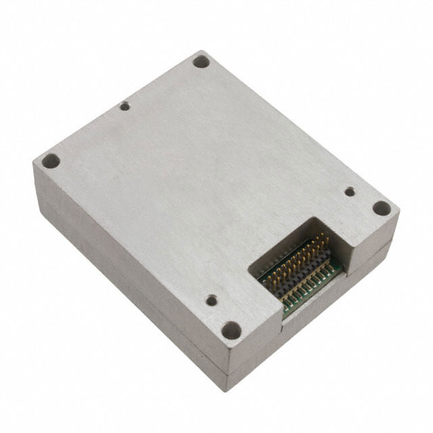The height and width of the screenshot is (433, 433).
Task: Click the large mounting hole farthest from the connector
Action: point(200,61)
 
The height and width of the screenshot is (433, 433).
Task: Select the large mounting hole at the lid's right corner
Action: point(382,208)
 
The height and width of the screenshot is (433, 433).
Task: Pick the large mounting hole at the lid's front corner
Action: point(231,330)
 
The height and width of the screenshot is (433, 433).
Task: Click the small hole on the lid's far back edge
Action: point(124,106)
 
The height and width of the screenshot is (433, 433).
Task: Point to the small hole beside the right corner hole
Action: point(349,191)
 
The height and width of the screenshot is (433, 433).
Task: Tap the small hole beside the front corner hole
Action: point(212,299)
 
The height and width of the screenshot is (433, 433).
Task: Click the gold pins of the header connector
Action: point(298,264)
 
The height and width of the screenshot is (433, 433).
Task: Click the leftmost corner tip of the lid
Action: point(33,163)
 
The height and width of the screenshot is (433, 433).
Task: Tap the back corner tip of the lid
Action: point(202,51)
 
